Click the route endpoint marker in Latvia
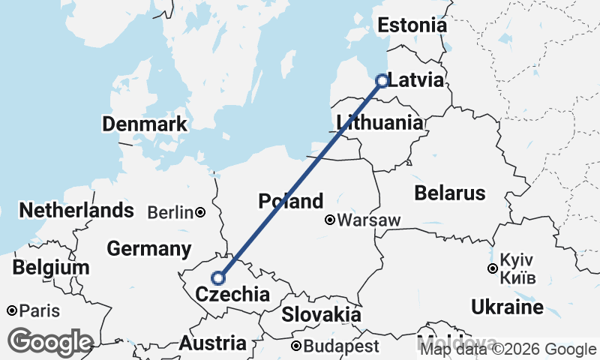click(382, 80)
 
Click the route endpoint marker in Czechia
click(218, 277)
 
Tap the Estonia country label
click(412, 25)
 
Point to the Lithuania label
click(379, 121)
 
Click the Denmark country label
click(145, 124)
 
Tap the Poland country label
click(290, 201)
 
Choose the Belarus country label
click(449, 193)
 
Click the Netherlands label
click(76, 211)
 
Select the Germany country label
click(149, 248)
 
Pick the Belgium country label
click(51, 268)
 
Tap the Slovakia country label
click(321, 314)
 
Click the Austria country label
click(212, 343)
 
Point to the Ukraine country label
click(507, 307)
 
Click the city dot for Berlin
click(200, 213)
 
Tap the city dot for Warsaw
click(330, 220)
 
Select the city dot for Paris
click(12, 310)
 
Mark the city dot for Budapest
click(297, 346)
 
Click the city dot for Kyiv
click(492, 268)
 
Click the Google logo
click(50, 342)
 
